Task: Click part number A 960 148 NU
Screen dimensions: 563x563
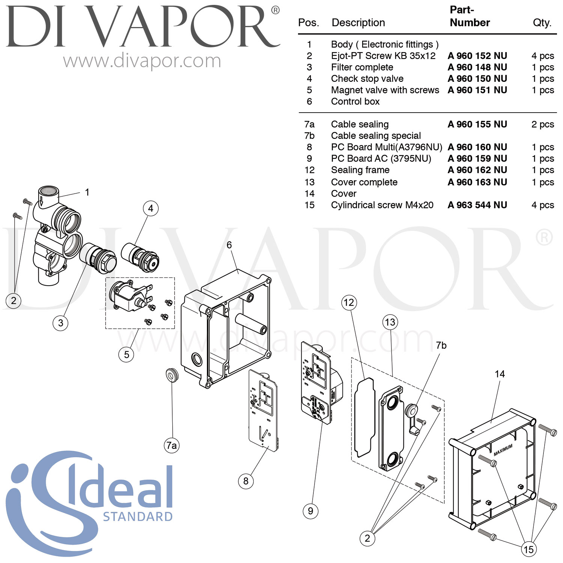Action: tap(477, 67)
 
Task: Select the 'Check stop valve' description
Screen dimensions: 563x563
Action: tap(367, 79)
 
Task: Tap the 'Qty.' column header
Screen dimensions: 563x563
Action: tap(542, 23)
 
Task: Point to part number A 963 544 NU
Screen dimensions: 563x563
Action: tap(477, 205)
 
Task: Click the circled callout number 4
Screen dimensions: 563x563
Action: tap(151, 208)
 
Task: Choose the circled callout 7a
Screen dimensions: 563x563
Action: tap(172, 445)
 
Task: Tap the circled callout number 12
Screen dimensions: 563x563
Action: tap(349, 303)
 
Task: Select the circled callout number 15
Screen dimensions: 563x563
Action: tap(528, 549)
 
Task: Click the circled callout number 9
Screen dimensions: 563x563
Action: tap(310, 511)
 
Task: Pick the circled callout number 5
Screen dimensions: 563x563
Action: tap(126, 354)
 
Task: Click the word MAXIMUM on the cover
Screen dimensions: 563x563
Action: tap(503, 450)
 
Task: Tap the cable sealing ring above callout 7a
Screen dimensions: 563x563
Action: tap(172, 375)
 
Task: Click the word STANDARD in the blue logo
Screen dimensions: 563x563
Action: tap(138, 517)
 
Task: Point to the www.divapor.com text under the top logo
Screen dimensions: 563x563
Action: tap(142, 61)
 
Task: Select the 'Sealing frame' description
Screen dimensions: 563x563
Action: tap(360, 170)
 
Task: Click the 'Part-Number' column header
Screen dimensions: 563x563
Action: tap(470, 16)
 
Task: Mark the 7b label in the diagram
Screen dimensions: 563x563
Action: tap(441, 345)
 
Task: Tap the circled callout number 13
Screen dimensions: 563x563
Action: tap(390, 322)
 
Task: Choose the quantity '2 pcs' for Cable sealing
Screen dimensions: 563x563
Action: tap(543, 124)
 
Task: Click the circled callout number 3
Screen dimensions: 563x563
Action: tap(60, 323)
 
